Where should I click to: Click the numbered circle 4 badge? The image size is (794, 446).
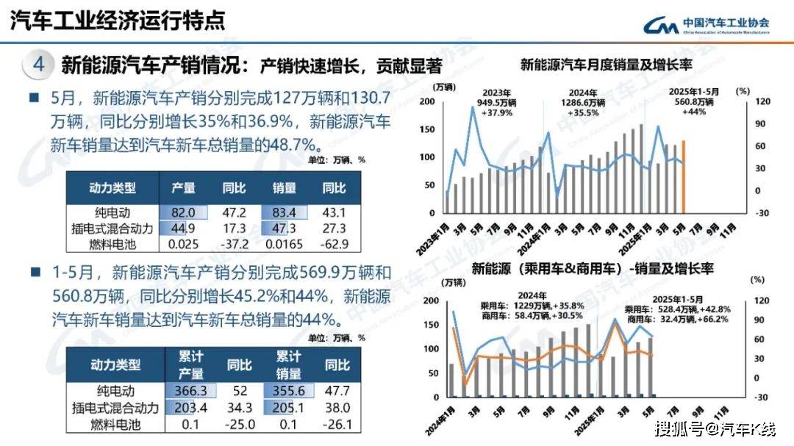(38, 65)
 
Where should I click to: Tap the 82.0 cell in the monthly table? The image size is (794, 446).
(183, 213)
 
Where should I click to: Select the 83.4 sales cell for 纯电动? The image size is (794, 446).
(283, 213)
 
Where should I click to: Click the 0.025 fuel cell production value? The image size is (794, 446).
(183, 244)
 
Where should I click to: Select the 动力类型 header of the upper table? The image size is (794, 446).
(112, 188)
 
